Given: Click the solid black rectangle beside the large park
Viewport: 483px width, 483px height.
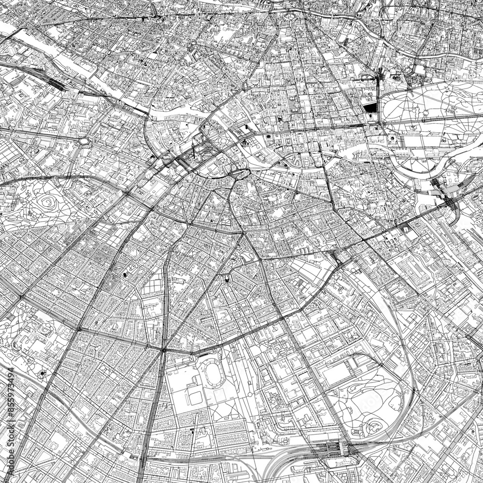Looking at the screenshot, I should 370,108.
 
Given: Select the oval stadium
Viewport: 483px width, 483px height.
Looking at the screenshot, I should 212,371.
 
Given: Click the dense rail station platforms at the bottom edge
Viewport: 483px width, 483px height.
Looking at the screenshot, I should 333,450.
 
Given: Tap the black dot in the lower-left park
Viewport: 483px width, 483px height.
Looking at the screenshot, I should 42,373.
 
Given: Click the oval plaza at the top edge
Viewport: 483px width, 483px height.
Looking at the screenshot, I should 291,16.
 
